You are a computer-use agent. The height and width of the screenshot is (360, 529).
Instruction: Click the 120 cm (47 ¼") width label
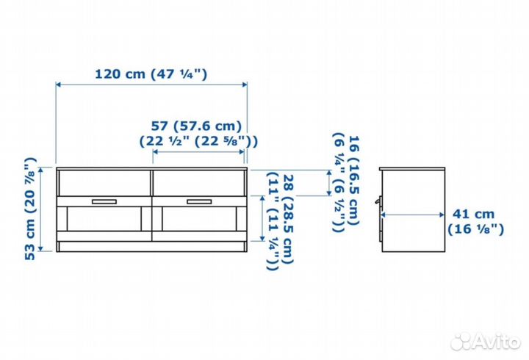point(151,74)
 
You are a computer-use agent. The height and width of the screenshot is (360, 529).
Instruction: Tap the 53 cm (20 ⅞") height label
point(30,209)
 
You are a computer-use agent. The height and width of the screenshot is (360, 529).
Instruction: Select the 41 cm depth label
point(473,214)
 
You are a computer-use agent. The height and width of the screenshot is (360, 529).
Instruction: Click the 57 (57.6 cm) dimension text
point(196,126)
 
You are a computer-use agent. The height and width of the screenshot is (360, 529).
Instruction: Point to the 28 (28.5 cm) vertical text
point(288,220)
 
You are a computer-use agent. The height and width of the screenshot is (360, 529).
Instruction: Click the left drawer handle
point(104,201)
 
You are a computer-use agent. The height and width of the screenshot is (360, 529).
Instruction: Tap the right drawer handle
point(199,201)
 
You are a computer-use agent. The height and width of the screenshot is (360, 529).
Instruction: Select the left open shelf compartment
point(105,182)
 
